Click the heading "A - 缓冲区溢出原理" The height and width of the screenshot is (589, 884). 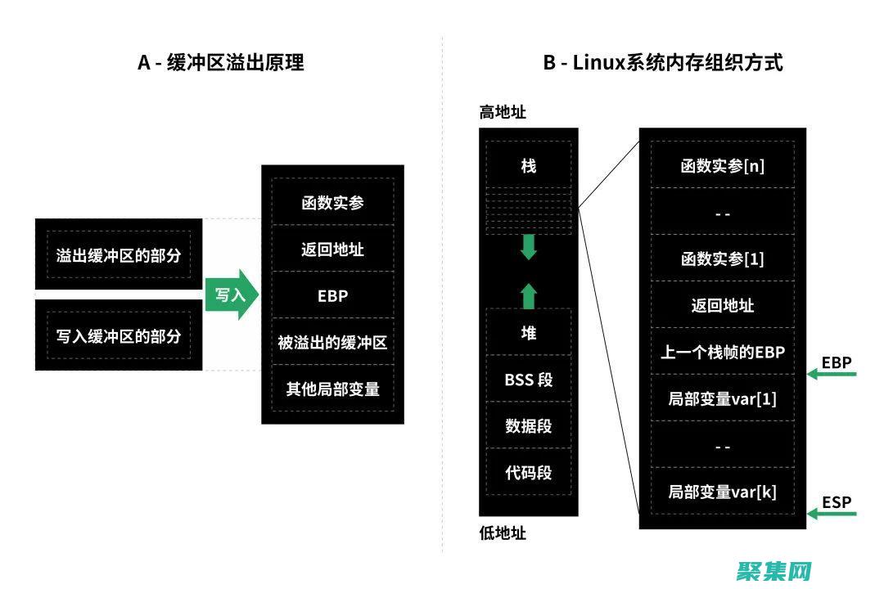[x=220, y=63]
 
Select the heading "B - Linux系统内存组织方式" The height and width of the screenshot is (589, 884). [x=663, y=63]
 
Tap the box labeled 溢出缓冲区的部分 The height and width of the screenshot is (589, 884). [x=119, y=254]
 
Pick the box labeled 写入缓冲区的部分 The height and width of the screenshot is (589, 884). [x=119, y=335]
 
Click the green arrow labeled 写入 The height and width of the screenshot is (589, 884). [x=231, y=294]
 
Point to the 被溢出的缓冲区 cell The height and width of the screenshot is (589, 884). [x=332, y=342]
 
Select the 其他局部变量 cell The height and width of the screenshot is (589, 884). [x=332, y=389]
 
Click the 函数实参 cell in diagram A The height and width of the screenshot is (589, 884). [x=332, y=203]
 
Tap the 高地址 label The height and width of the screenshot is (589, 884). [x=503, y=113]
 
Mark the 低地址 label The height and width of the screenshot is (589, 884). [x=503, y=533]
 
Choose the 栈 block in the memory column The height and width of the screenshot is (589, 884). [x=529, y=166]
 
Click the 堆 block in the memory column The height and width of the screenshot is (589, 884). [x=529, y=332]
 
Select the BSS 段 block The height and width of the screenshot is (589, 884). [x=529, y=379]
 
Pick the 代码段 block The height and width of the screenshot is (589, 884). [x=529, y=472]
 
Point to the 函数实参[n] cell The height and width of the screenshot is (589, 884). [x=722, y=166]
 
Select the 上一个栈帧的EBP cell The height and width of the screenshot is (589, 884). [x=722, y=352]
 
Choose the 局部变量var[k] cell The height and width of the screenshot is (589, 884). [x=722, y=492]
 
